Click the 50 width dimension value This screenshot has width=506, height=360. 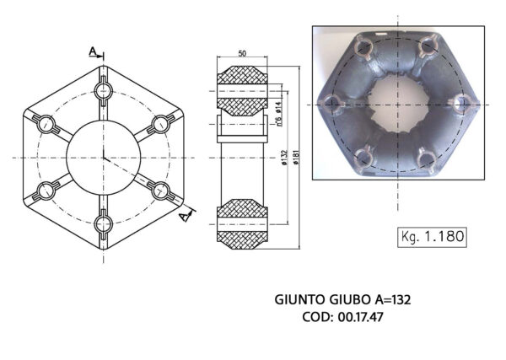243,54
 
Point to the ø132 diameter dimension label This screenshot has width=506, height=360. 285,158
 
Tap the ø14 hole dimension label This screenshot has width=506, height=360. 278,107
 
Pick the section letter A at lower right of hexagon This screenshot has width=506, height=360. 184,217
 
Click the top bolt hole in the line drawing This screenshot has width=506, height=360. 104,89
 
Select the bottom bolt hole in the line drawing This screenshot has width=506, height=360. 104,223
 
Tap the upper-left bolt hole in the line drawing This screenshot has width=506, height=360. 46,124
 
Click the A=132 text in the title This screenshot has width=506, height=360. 391,299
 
